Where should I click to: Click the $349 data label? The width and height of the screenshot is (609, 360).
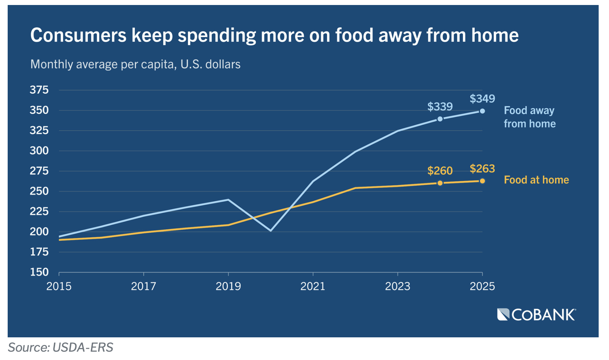click(482, 99)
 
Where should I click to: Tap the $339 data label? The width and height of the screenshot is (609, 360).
click(440, 107)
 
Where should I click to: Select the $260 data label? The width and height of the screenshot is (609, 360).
click(440, 171)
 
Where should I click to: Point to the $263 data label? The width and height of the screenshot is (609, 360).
click(482, 169)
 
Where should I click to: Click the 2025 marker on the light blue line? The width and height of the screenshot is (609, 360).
click(482, 111)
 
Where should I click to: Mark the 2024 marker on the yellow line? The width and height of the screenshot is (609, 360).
click(440, 183)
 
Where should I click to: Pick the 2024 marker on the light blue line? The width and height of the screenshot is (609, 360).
click(440, 119)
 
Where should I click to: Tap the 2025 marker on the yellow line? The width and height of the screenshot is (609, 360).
click(482, 181)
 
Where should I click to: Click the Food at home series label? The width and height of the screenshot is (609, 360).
click(536, 180)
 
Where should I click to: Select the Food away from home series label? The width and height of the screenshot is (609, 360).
click(529, 117)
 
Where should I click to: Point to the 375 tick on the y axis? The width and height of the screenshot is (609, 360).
click(39, 90)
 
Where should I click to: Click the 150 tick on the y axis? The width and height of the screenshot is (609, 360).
click(39, 272)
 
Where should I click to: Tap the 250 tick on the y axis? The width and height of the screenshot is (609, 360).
click(39, 191)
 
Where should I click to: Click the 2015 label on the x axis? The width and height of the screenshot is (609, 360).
click(59, 286)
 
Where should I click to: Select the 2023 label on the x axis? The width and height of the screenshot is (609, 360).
click(398, 286)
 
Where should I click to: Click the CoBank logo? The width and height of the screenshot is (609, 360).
click(536, 315)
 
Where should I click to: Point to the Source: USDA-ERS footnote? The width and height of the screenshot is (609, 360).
click(60, 347)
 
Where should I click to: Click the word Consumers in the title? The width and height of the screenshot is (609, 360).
click(78, 35)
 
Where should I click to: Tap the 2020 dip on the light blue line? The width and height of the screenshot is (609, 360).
click(270, 230)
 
